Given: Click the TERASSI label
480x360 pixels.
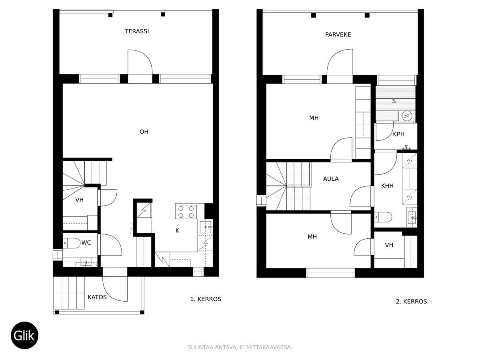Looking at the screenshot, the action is click(x=137, y=31).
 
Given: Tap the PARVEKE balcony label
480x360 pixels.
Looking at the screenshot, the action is click(x=338, y=35).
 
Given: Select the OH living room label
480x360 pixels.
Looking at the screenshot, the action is click(x=144, y=132).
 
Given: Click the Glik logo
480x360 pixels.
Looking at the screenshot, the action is click(x=24, y=335).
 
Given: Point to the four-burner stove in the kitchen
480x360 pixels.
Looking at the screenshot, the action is click(x=186, y=212).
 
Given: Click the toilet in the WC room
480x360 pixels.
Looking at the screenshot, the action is click(x=72, y=243).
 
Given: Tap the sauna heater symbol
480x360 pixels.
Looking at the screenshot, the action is click(x=407, y=116).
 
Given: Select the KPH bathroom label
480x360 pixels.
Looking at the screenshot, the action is click(x=399, y=134).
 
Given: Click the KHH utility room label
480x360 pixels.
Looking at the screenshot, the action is click(x=387, y=186).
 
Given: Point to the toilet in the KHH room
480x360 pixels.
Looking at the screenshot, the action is click(x=383, y=217).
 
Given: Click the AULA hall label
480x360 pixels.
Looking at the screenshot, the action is click(x=331, y=179).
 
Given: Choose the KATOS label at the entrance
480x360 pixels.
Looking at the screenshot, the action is click(x=97, y=297).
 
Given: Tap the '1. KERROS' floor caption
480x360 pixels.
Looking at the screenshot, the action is click(x=206, y=299).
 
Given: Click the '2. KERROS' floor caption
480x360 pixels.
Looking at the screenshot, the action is click(x=411, y=302).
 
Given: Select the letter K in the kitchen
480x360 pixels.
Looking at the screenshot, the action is click(x=177, y=230).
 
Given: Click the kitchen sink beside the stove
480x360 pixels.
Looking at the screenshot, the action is click(x=206, y=227).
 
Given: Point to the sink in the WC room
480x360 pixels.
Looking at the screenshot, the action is click(x=86, y=262).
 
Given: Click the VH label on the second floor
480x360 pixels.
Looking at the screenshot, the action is click(x=389, y=245).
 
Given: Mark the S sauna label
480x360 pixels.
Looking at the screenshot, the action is click(x=394, y=101).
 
